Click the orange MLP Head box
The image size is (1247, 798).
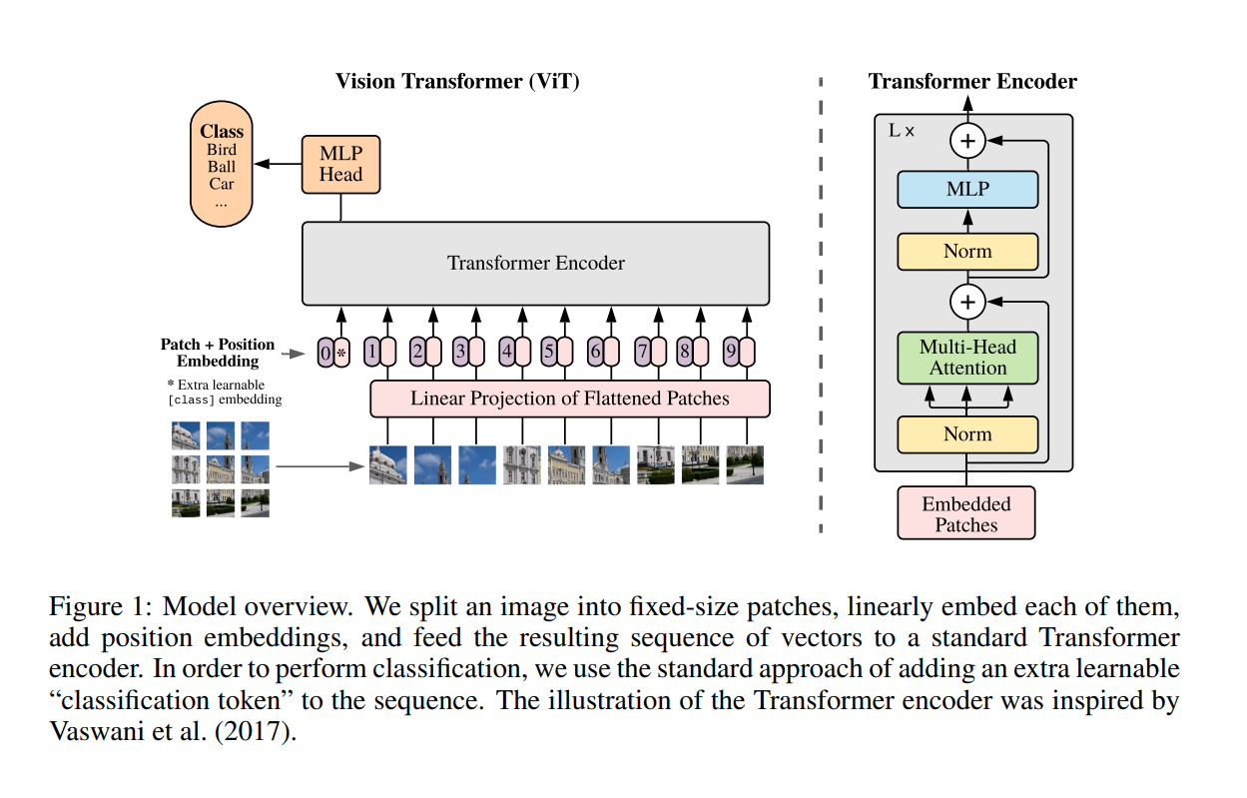(340, 165)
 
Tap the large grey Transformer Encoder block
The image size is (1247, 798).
(535, 264)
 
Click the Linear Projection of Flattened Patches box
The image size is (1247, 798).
(569, 399)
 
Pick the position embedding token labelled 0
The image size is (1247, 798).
(325, 353)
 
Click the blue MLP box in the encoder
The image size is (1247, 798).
(967, 190)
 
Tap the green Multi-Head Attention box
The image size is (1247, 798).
(967, 358)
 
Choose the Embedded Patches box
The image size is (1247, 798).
(965, 513)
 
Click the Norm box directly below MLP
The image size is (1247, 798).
(967, 252)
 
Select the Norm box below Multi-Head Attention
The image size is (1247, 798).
(967, 434)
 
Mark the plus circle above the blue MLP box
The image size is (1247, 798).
(966, 142)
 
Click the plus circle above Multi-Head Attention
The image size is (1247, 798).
(966, 300)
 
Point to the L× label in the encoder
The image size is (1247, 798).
(901, 131)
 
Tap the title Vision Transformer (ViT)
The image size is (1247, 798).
(457, 82)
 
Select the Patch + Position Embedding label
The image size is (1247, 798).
(217, 353)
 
